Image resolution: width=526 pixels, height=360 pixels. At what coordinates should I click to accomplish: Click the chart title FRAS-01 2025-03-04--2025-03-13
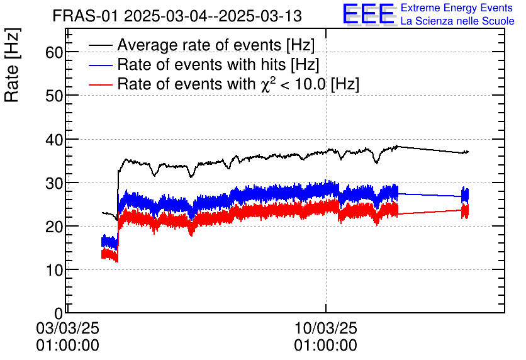177,15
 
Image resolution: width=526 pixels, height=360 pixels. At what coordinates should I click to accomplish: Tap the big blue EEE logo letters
369,14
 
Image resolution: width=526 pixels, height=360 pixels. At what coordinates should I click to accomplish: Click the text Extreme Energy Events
457,8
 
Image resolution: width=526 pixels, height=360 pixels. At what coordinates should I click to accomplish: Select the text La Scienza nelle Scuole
457,21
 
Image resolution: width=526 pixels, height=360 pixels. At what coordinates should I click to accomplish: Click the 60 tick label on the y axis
54,52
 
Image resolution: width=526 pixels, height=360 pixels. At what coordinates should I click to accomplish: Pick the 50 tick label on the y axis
54,96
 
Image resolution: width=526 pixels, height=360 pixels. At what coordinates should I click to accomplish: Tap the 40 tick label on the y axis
54,139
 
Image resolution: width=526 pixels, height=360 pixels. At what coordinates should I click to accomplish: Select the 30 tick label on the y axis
54,183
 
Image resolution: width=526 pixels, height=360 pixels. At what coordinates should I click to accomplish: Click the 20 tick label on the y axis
54,226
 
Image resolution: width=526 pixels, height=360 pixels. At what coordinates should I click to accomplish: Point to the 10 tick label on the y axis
54,269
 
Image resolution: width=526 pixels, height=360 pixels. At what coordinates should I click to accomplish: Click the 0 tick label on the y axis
59,313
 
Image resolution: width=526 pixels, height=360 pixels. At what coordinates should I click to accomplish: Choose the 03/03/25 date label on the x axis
67,329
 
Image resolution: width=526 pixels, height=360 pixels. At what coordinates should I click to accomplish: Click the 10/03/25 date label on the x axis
325,329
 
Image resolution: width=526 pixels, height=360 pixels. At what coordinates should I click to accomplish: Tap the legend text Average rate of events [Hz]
216,45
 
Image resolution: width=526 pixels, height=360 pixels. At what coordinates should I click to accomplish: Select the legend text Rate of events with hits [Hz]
218,65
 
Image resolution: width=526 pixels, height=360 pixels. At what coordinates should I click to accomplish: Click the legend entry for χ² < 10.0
238,84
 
